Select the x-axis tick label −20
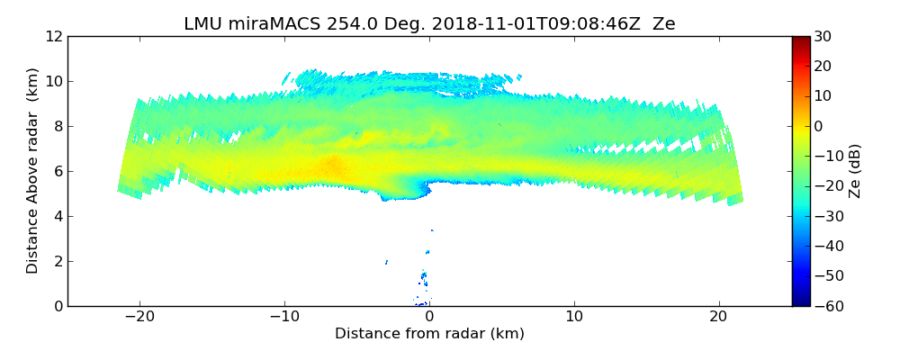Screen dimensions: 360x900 click(139, 317)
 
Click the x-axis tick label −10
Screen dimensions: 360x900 click(284, 317)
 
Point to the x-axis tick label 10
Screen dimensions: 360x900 click(574, 317)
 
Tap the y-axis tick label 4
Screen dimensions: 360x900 click(58, 216)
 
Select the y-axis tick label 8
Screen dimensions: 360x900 click(58, 126)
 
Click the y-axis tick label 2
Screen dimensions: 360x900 click(58, 261)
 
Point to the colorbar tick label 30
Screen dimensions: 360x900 click(821, 36)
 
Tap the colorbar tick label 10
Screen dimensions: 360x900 click(821, 96)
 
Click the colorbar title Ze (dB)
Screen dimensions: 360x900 click(854, 171)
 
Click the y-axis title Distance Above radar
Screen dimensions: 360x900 click(32, 171)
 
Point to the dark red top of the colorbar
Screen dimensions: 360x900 click(800, 40)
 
